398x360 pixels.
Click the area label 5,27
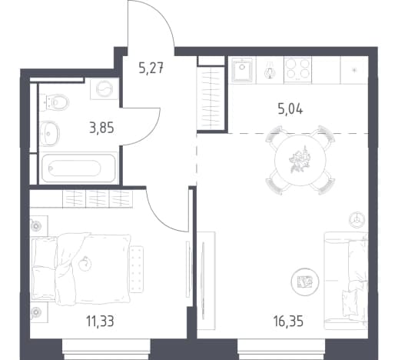point(151,68)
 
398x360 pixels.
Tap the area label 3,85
point(101,128)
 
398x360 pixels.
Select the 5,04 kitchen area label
point(290,109)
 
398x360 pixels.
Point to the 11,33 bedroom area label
point(100,321)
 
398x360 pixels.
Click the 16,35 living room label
point(288,321)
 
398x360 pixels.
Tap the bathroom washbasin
point(50,134)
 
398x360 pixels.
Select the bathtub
point(78,168)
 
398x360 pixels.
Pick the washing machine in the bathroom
point(104,88)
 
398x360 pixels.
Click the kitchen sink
point(242,69)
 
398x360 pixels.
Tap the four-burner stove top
point(297,70)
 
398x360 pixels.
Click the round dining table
point(300,160)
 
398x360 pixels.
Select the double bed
point(81,268)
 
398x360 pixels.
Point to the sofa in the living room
point(346,280)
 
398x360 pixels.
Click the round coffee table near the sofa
point(305,282)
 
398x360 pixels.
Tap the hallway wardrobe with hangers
point(211,98)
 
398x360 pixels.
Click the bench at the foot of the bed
point(136,269)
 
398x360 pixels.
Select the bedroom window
point(106,348)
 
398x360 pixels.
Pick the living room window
point(281,348)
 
